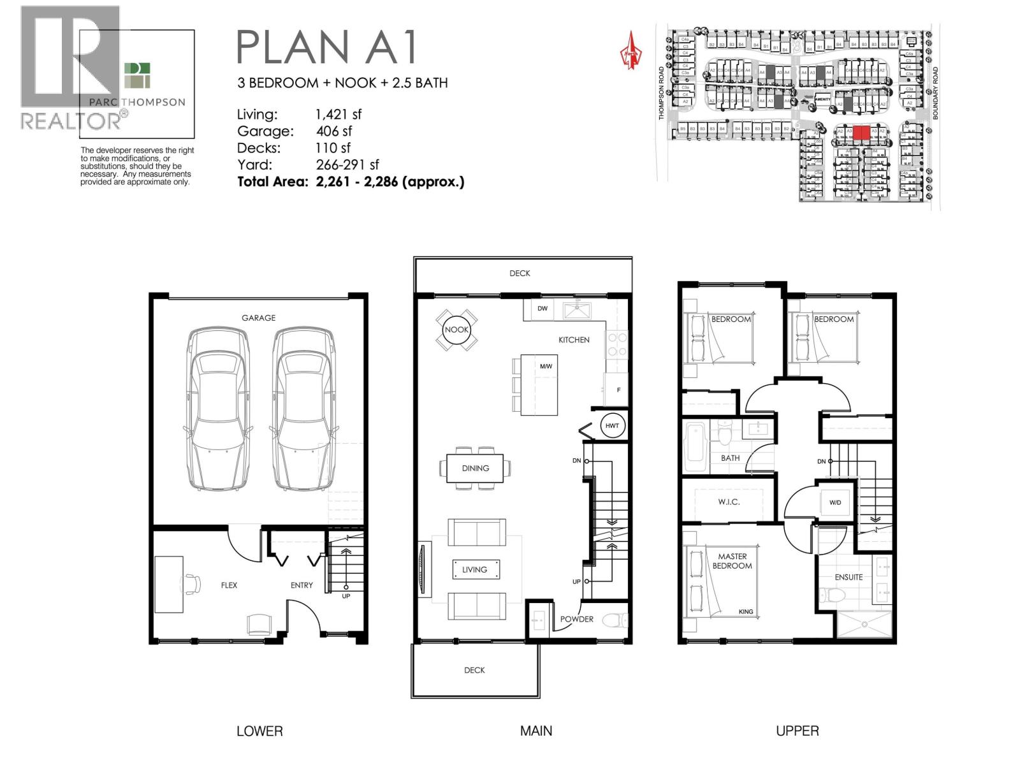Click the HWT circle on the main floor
[612, 426]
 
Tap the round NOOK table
[456, 330]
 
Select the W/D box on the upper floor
[835, 502]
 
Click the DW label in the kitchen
[543, 309]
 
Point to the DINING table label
[475, 468]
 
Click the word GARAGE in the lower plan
[258, 317]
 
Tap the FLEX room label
[229, 585]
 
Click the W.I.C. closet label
[729, 502]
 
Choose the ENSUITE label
[849, 577]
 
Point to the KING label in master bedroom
[745, 612]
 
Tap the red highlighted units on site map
[861, 133]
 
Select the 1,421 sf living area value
[339, 115]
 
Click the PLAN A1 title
[327, 47]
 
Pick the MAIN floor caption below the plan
[536, 731]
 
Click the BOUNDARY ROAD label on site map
[935, 93]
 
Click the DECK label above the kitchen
[520, 273]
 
